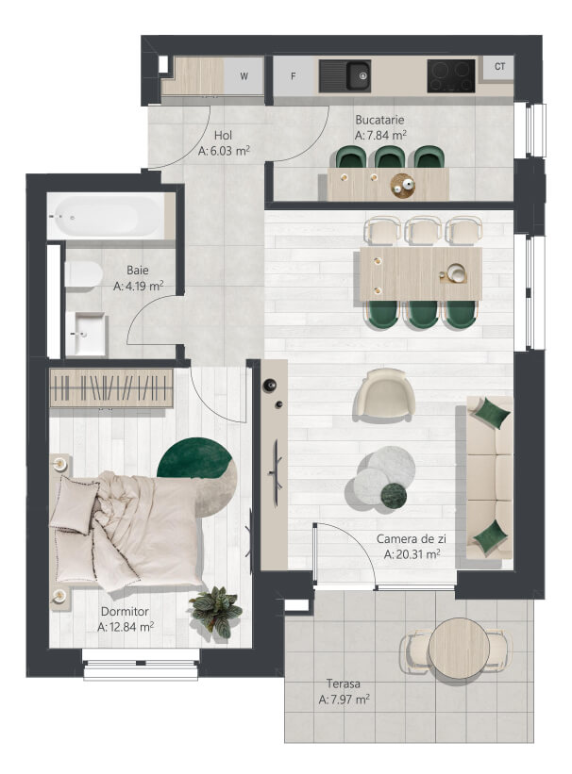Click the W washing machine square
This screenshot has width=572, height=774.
(244, 76)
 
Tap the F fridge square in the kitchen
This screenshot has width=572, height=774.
(294, 76)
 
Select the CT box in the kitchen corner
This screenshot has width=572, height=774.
(500, 66)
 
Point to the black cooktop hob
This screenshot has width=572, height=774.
(451, 76)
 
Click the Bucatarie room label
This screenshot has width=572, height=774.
(379, 120)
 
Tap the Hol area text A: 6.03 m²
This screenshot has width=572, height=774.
(224, 151)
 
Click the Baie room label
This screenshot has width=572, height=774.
(138, 270)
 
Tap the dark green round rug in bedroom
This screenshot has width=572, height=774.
(194, 459)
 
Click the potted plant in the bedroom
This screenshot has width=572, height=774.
(215, 611)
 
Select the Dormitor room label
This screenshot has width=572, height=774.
(125, 612)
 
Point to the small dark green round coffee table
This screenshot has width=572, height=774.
(394, 495)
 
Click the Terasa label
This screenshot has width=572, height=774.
(343, 684)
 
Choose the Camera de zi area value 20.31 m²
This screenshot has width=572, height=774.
(412, 554)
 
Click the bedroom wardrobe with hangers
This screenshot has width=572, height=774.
(111, 388)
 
